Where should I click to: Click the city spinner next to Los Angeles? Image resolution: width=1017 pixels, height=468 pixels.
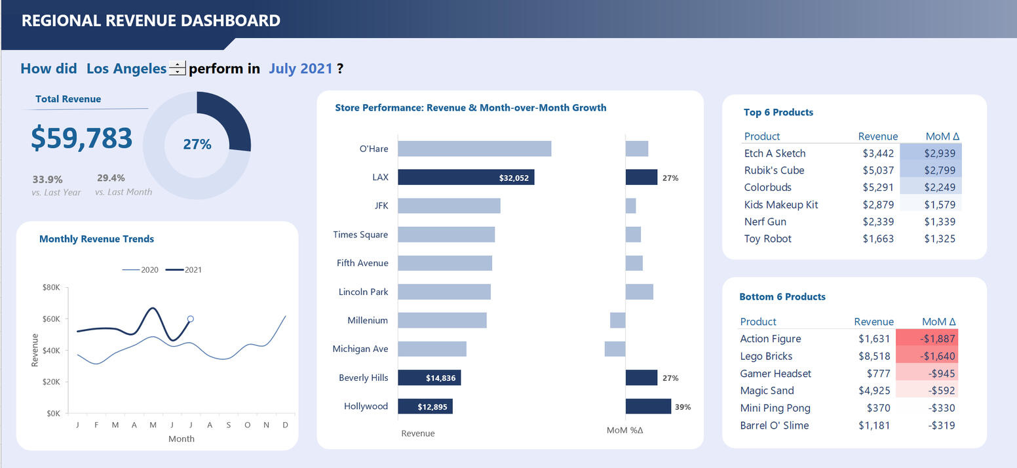click(177, 68)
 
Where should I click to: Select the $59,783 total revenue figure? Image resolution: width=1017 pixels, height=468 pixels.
click(82, 138)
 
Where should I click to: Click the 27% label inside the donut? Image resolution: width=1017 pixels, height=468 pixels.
click(197, 144)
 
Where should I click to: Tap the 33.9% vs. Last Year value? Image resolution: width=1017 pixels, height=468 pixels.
click(47, 180)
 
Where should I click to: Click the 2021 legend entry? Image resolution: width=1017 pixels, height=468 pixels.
click(183, 269)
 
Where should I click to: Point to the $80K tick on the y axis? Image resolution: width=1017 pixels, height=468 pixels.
click(51, 287)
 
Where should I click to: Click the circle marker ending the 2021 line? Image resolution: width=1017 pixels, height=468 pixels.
click(191, 319)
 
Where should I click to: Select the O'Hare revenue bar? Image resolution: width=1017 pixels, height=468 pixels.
click(474, 149)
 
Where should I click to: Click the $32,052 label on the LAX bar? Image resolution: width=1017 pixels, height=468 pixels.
click(514, 178)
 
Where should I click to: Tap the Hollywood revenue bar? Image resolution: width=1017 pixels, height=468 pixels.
click(425, 406)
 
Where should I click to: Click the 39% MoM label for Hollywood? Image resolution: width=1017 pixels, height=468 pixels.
click(683, 407)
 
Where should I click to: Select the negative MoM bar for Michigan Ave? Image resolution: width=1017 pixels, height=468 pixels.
click(615, 349)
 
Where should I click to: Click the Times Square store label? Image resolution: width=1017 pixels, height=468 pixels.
click(360, 235)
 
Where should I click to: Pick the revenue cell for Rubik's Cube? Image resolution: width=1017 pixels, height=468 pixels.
click(878, 170)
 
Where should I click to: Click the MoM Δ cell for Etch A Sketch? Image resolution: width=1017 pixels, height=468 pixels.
click(931, 153)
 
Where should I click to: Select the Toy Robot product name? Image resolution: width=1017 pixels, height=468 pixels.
click(767, 239)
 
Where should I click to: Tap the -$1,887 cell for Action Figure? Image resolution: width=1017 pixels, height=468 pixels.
click(927, 339)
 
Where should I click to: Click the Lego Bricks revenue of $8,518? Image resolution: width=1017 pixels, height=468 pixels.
click(874, 357)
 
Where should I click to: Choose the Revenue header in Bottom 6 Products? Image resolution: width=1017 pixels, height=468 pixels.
click(873, 322)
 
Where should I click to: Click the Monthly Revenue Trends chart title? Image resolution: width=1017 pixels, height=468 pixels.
click(97, 239)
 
